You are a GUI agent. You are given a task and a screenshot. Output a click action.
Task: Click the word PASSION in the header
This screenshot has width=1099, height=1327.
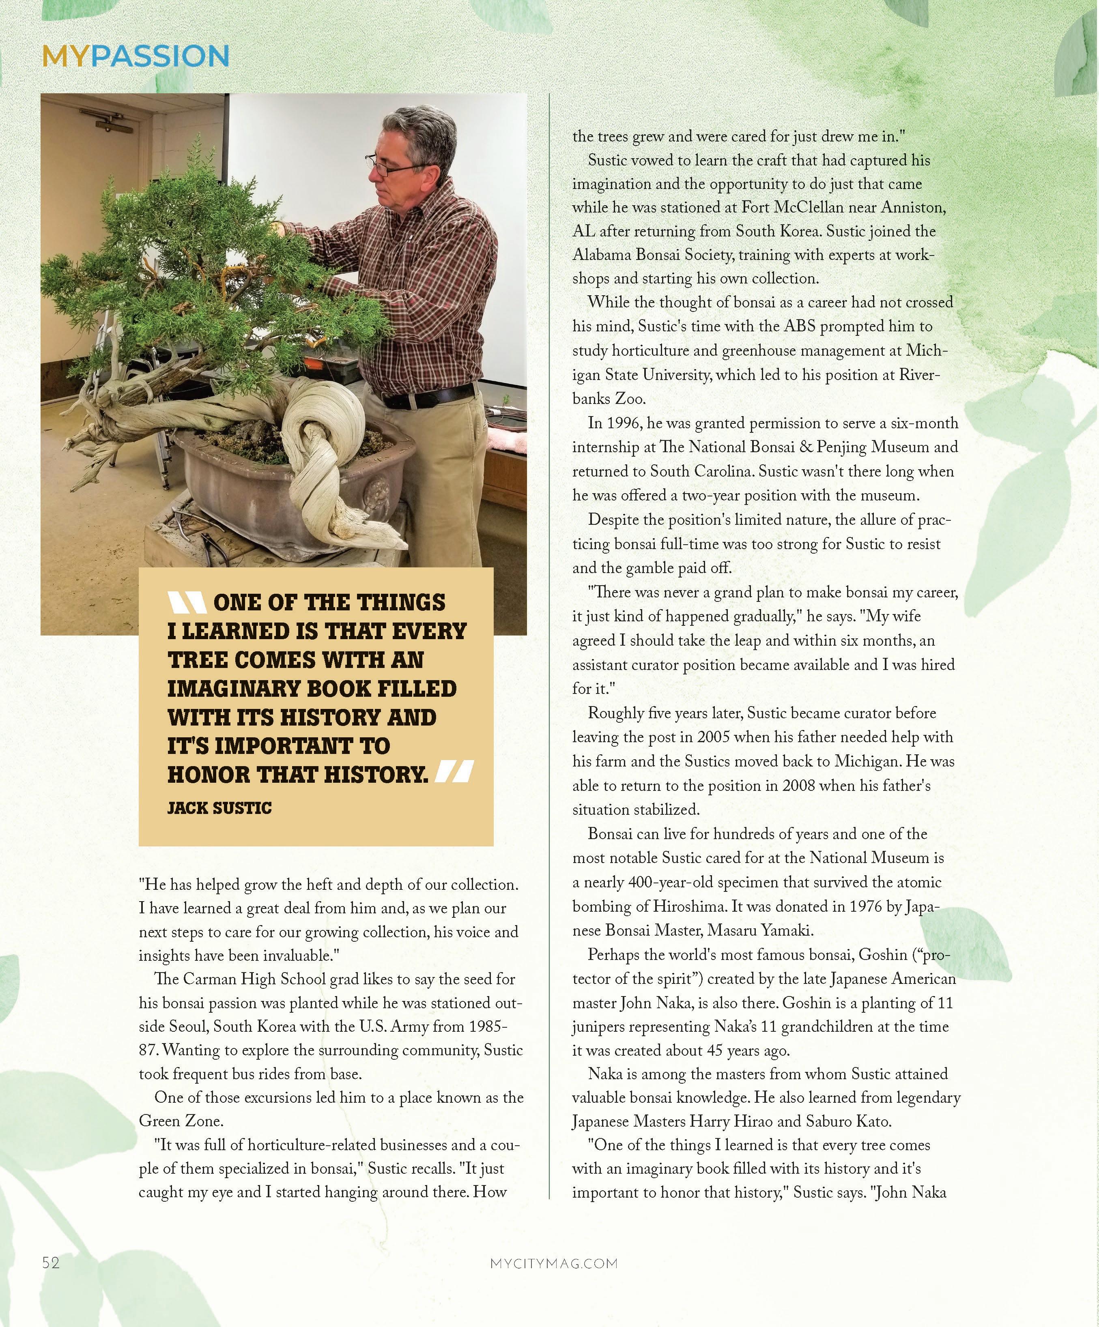pyautogui.click(x=159, y=56)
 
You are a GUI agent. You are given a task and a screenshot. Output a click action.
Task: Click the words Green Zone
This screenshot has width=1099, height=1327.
pyautogui.click(x=181, y=1121)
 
